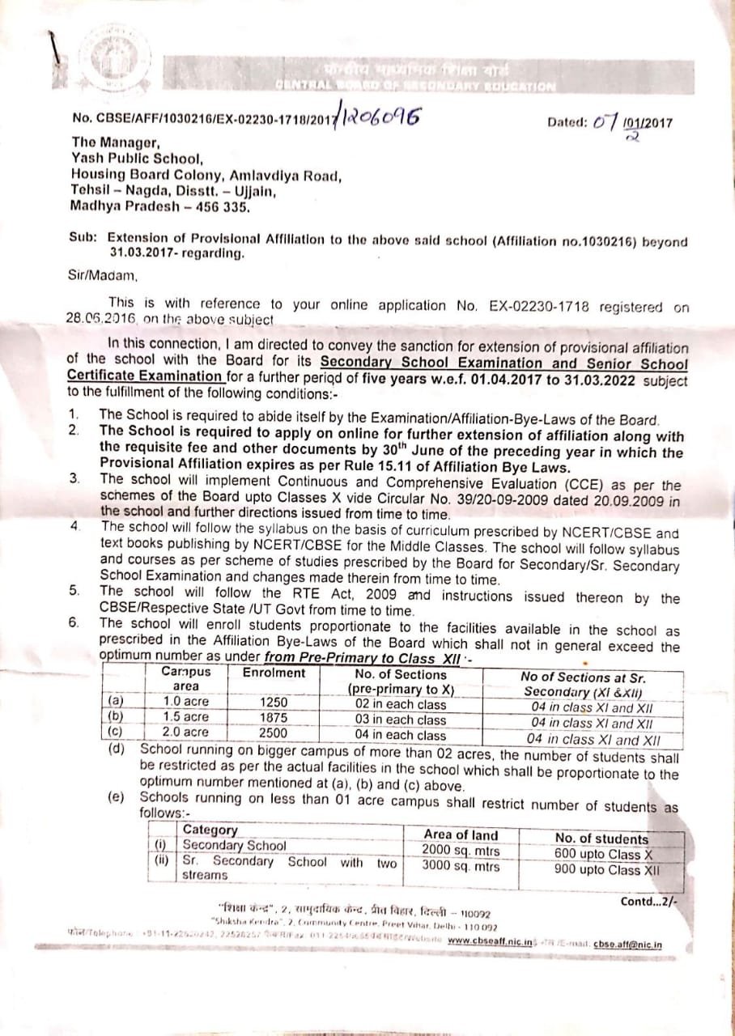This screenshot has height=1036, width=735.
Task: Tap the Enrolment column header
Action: pos(274,673)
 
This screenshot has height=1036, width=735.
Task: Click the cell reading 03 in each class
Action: pos(401,720)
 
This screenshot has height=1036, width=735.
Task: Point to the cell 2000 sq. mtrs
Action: pos(461,851)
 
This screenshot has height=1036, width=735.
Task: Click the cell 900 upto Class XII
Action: pos(606,870)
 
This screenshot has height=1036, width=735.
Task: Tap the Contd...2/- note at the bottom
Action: pos(649,901)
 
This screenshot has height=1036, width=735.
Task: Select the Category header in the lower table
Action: pos(210,830)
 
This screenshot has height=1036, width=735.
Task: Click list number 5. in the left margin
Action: pos(74,590)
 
